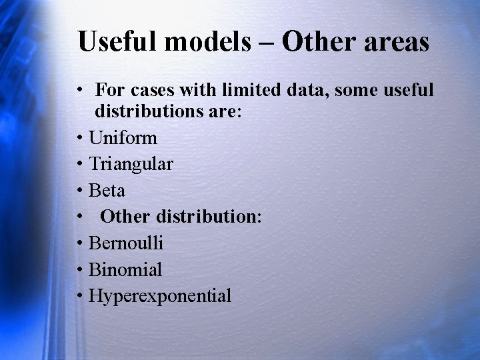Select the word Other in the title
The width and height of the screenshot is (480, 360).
(319, 41)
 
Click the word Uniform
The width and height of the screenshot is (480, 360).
(123, 138)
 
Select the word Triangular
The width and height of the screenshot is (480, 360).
(131, 165)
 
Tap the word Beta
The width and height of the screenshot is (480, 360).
(107, 191)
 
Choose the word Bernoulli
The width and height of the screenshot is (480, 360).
(125, 243)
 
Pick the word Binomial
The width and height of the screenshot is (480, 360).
(125, 270)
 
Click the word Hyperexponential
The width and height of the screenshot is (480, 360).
(160, 297)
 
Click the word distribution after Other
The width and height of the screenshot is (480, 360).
(209, 217)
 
